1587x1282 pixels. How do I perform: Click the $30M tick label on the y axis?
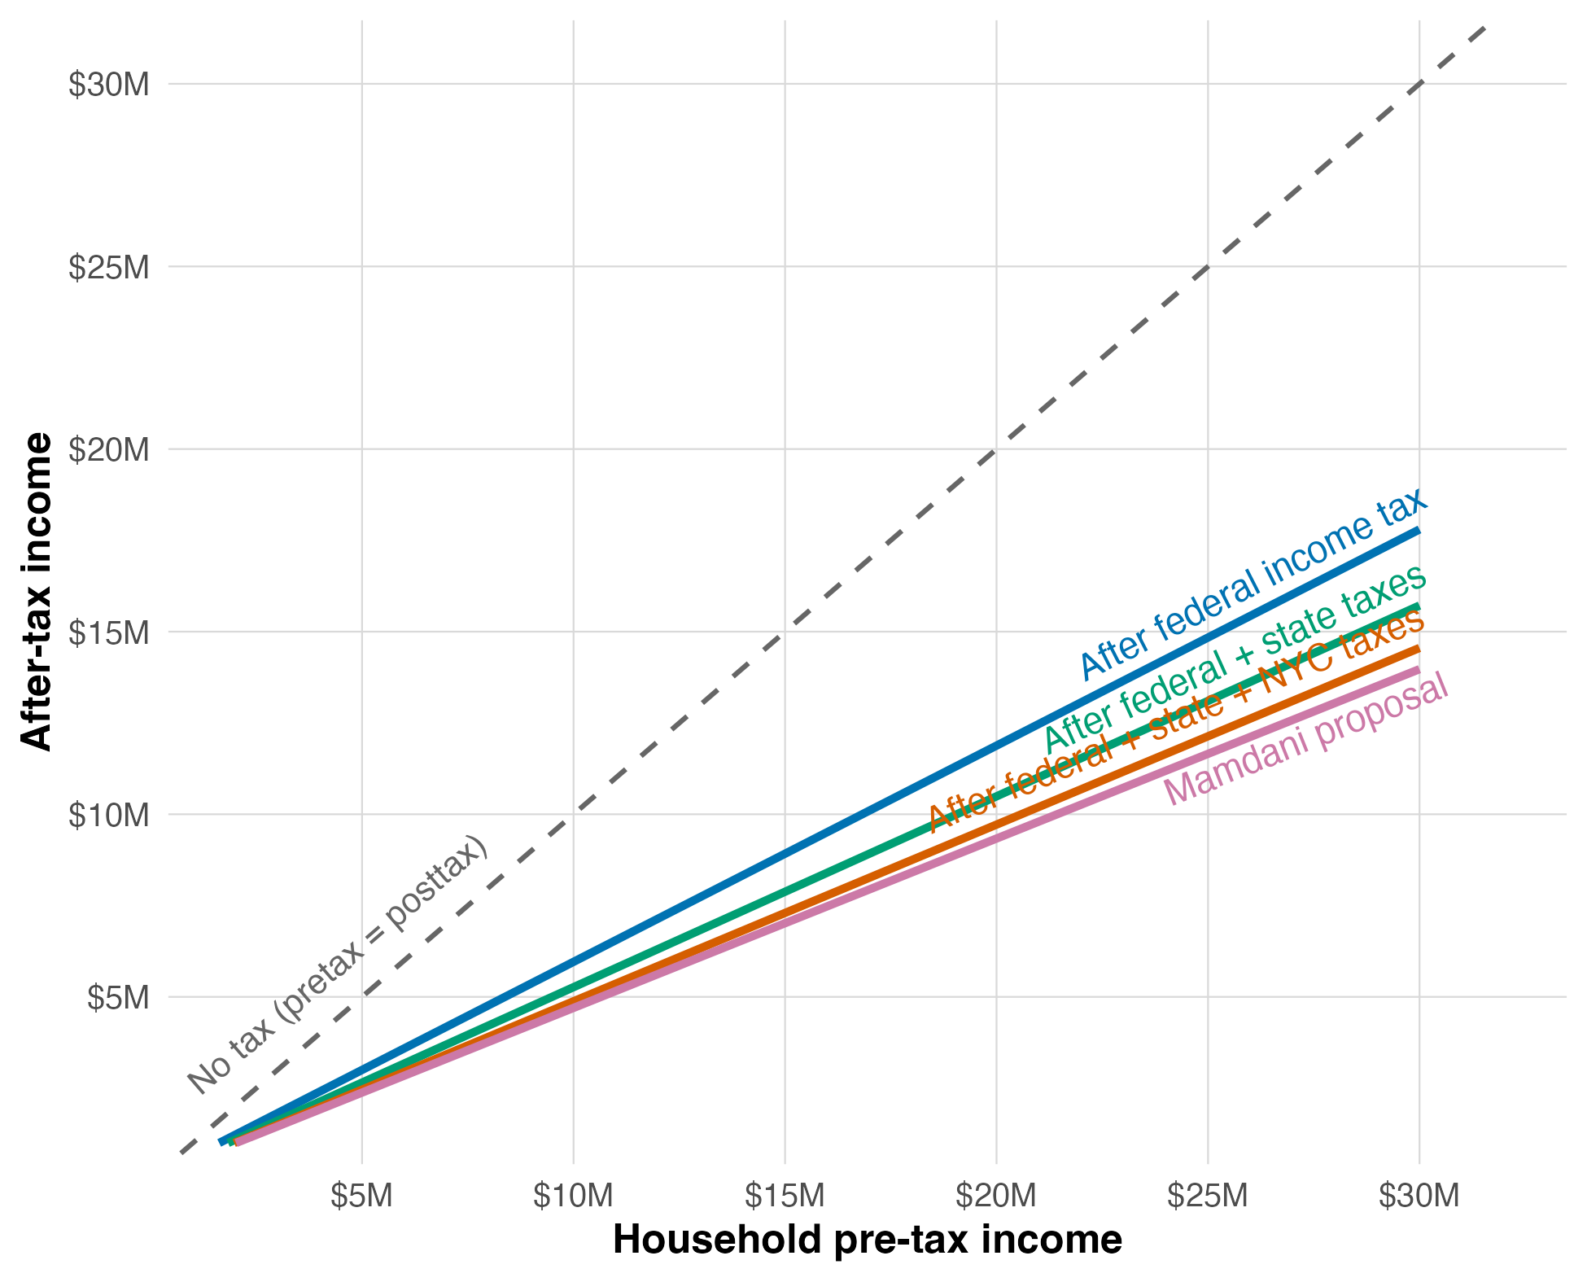point(109,85)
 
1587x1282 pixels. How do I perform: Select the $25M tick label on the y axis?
point(109,267)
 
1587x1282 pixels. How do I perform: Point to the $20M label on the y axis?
point(109,449)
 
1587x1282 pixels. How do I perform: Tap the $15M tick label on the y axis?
point(109,632)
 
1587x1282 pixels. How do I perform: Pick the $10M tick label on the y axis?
point(109,815)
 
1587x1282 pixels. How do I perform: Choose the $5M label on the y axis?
point(118,997)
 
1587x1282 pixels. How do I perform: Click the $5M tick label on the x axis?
point(361,1195)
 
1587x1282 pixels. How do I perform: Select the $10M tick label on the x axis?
point(573,1195)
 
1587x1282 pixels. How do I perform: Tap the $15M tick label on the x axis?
point(785,1195)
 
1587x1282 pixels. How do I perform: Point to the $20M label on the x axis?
point(996,1195)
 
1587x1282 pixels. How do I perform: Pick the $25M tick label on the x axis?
point(1208,1195)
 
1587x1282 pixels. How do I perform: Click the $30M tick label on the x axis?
point(1419,1195)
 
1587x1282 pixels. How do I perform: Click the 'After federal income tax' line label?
point(1253,584)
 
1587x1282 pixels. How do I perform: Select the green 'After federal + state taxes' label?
point(1235,659)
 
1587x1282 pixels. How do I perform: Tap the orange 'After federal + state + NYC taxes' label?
point(1176,721)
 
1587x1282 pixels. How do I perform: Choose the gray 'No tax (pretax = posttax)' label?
point(338,965)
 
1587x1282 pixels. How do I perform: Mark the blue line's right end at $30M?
point(1419,531)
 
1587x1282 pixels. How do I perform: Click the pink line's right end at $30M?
point(1419,670)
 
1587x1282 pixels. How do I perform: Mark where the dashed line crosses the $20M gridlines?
point(996,448)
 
